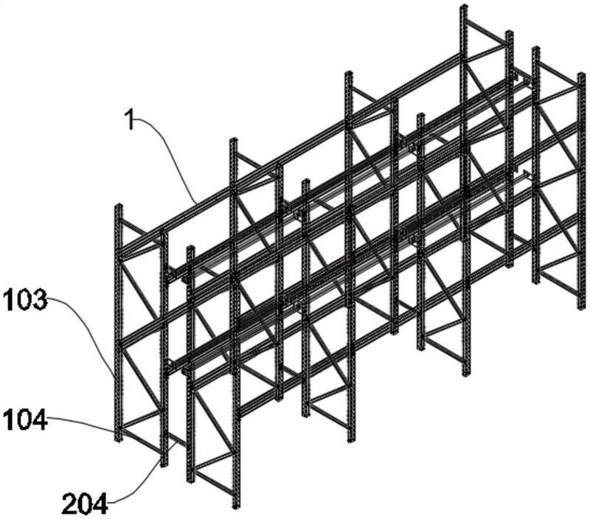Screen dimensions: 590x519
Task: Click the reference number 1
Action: pyautogui.click(x=131, y=119)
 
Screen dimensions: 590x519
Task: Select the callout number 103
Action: pyautogui.click(x=24, y=300)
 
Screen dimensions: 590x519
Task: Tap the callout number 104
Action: pyautogui.click(x=24, y=422)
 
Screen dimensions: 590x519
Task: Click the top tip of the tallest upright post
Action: pyautogui.click(x=464, y=7)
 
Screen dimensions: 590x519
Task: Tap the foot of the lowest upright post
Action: pyautogui.click(x=236, y=506)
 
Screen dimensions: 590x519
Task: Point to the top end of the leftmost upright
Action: pyautogui.click(x=118, y=206)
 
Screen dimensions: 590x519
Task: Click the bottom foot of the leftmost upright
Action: pyautogui.click(x=118, y=440)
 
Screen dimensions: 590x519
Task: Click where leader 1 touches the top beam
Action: pyautogui.click(x=195, y=202)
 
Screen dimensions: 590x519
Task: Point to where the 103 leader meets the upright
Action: pyautogui.click(x=115, y=377)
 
